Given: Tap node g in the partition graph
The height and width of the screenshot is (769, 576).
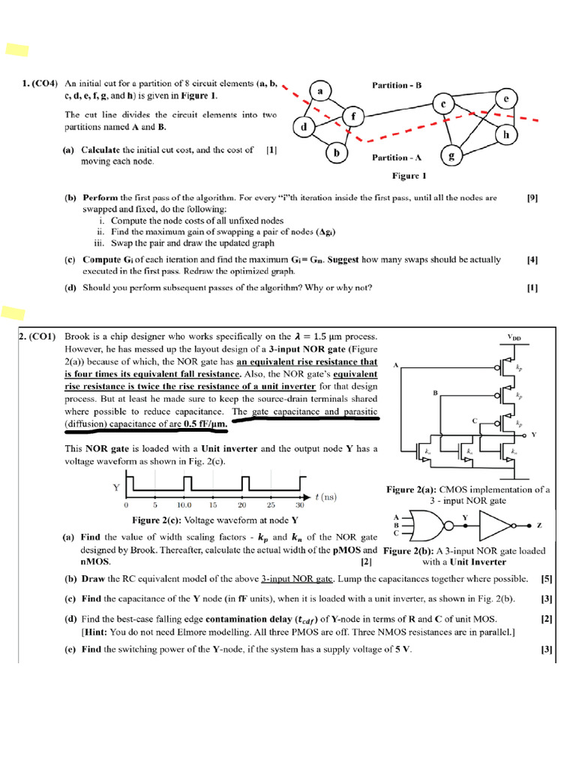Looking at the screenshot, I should (451, 156).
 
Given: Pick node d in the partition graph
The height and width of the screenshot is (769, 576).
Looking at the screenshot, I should (304, 128).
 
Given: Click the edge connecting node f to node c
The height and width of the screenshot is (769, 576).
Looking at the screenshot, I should (397, 110).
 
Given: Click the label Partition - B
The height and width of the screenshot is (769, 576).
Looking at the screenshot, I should (397, 86).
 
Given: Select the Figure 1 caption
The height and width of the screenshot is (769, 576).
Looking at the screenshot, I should (409, 176).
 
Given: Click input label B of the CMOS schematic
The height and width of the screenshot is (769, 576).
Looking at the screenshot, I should (434, 392).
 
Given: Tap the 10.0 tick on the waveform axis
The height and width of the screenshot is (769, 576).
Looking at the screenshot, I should (184, 505).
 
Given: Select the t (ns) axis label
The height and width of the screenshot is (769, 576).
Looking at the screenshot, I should (328, 496).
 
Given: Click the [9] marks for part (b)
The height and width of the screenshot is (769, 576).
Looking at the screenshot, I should (532, 198).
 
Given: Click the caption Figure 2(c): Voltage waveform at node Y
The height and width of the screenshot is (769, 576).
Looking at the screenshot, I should (215, 520).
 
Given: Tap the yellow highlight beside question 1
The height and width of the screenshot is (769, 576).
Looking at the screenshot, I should (16, 50).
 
